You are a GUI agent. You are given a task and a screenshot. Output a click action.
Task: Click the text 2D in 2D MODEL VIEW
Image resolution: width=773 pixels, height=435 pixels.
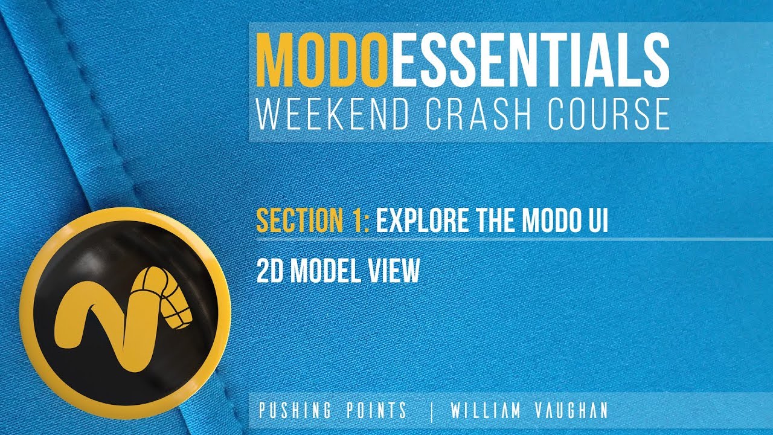[x=271, y=271]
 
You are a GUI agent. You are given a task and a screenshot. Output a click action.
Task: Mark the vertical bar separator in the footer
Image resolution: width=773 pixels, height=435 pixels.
[x=432, y=411]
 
